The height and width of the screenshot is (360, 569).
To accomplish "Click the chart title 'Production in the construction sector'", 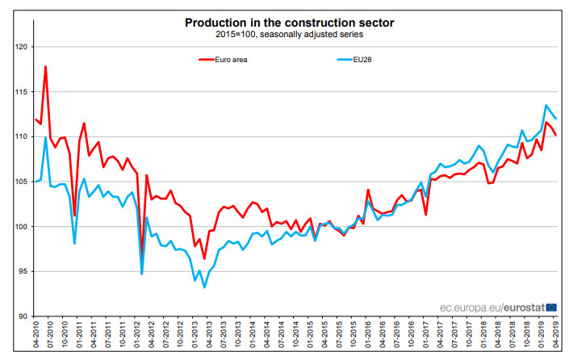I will point(284,23).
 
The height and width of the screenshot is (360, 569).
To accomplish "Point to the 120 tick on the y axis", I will point(21,47).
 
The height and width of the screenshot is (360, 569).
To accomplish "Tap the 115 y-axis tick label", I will point(21,92).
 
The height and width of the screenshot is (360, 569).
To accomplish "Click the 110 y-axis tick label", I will point(21,136).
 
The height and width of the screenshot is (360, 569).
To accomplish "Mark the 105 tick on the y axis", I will point(21,182).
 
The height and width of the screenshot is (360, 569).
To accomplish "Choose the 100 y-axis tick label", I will point(21,227).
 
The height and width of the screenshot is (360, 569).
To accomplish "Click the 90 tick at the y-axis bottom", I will point(23,316).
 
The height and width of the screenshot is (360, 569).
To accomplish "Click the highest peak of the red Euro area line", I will point(45,66).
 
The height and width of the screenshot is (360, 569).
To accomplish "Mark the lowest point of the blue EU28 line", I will point(204,287).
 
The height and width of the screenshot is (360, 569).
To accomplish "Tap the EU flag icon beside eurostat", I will point(551,307).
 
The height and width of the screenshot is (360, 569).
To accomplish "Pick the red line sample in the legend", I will point(207,59).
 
